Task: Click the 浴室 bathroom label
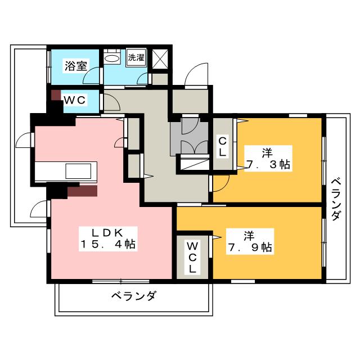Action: (x=75, y=66)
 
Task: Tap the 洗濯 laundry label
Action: (x=136, y=57)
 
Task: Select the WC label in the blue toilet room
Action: (x=75, y=100)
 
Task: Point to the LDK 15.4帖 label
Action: (x=108, y=239)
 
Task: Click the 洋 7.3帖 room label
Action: (x=268, y=159)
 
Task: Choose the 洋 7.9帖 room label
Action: (x=250, y=241)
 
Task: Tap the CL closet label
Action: (x=222, y=147)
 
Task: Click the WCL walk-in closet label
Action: (x=192, y=257)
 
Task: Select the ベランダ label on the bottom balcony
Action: (x=134, y=295)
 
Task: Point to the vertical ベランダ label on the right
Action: (x=336, y=199)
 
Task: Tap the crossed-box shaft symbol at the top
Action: (x=160, y=58)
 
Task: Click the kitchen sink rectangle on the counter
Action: (x=78, y=171)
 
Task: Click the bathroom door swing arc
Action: (x=91, y=75)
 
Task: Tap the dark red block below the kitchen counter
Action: (x=82, y=191)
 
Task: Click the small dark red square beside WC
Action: (x=55, y=95)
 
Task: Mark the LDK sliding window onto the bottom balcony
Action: (x=121, y=281)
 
